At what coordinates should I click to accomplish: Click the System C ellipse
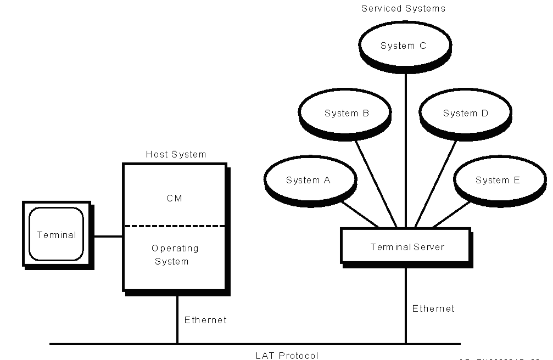coord(403,46)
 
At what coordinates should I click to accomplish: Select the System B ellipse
coord(347,114)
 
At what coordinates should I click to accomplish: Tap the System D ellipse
coord(465,114)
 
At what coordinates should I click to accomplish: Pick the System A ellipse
coord(309,181)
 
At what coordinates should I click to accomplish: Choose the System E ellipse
coord(498,181)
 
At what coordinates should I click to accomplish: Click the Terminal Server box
coord(406,247)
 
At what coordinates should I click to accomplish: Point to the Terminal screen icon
coord(56,235)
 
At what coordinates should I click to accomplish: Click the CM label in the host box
coord(174,199)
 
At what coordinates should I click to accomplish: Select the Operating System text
coord(175,255)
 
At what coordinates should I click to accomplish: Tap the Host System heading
coord(176,155)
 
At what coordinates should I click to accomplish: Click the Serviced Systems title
coord(403,9)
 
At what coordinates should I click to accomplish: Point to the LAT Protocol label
coord(287,356)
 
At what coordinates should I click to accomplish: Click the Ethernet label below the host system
coord(205,320)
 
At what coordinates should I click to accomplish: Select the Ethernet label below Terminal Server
coord(433,308)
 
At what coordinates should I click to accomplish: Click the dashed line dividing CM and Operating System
coord(174,226)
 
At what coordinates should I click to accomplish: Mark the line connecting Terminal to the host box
coord(108,237)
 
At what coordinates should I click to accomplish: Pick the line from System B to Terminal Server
coord(375,182)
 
